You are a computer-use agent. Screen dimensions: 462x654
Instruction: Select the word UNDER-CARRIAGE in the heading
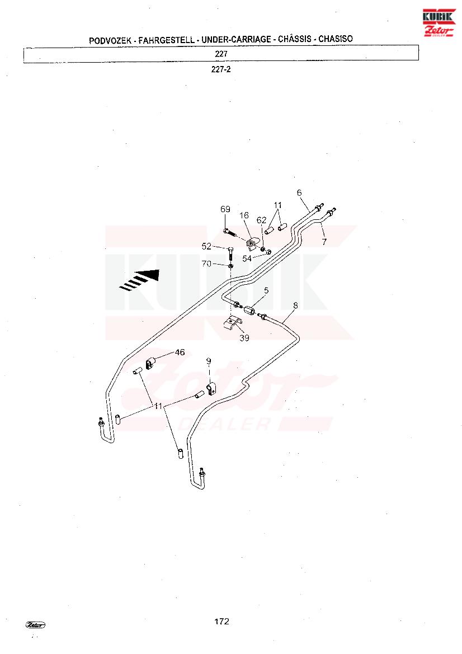(236, 40)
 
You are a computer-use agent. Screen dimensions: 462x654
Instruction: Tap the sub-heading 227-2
(221, 70)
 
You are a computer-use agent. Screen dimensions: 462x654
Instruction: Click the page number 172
(222, 622)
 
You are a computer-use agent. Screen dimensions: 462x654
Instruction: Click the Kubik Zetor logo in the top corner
(439, 22)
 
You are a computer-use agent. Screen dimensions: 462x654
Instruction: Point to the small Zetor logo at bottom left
(35, 625)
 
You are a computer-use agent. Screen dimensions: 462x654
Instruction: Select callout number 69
(225, 209)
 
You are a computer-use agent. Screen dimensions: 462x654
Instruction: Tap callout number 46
(180, 352)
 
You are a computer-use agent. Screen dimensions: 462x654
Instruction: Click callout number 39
(244, 338)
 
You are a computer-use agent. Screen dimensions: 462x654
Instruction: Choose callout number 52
(206, 247)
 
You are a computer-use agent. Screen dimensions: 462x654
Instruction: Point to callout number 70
(206, 264)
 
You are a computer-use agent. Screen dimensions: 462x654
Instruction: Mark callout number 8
(296, 305)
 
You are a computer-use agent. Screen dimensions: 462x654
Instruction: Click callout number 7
(324, 242)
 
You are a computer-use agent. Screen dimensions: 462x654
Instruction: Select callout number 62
(261, 220)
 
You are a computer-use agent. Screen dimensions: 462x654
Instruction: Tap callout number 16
(244, 215)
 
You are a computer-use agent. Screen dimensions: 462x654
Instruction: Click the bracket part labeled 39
(232, 323)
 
